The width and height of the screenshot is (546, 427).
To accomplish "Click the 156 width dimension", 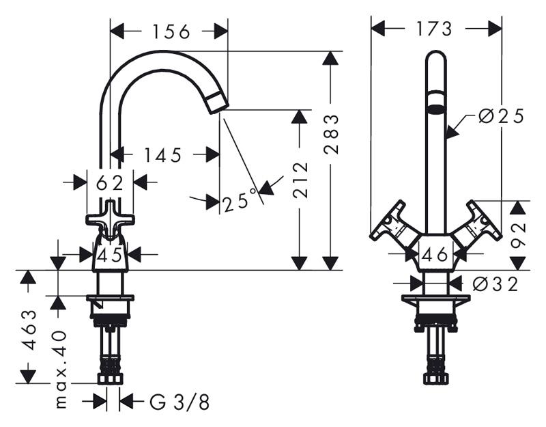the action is click(171, 31).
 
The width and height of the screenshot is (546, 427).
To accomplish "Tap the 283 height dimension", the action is click(330, 134).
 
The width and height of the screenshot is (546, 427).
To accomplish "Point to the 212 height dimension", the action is click(300, 180).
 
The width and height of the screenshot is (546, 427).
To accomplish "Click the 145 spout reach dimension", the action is click(163, 155).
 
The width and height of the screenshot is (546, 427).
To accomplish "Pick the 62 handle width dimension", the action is click(110, 182).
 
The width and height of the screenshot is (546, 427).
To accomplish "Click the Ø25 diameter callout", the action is click(501, 116).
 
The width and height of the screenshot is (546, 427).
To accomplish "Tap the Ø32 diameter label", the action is click(495, 284).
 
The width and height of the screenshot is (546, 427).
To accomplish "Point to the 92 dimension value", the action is click(518, 235).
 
